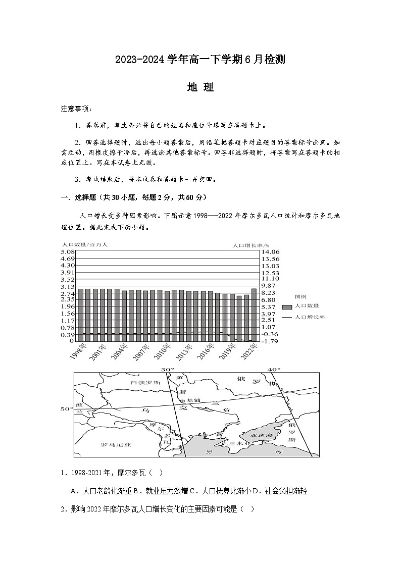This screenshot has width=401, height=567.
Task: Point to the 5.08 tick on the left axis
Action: click(68, 251)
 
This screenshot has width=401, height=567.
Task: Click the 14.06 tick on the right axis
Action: click(271, 251)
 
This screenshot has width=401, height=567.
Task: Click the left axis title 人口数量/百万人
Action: click(84, 244)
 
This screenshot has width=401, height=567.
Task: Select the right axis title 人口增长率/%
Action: click(251, 244)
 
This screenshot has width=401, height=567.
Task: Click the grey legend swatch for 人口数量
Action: click(287, 306)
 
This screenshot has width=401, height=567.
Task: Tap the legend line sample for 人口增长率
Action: click(287, 317)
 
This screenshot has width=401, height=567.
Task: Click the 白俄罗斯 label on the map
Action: click(145, 383)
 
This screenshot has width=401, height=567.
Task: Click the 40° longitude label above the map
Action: click(273, 370)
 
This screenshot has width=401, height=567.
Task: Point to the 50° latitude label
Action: click(67, 409)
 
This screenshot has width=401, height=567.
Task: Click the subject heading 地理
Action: click(201, 87)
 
